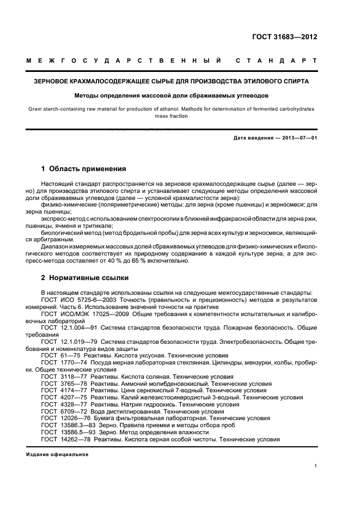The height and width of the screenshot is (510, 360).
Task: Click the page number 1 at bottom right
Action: (x=316, y=466)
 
